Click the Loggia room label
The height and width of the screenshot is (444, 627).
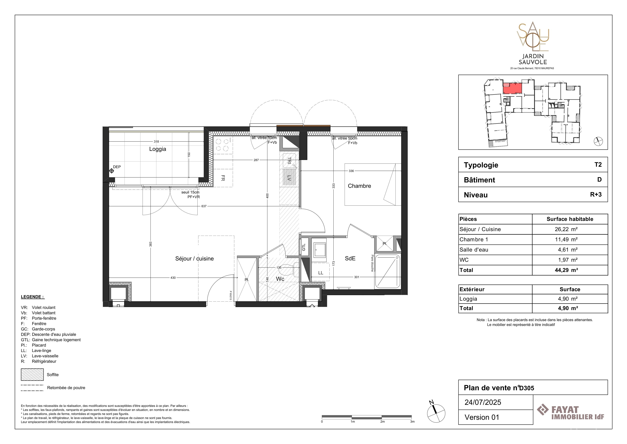[158, 149]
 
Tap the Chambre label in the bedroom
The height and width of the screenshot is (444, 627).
[359, 186]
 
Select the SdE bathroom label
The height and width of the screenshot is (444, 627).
[350, 258]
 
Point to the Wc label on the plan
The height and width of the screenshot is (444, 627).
[280, 279]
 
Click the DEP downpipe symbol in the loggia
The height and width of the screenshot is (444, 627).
[111, 171]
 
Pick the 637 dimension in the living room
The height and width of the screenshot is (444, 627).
[204, 206]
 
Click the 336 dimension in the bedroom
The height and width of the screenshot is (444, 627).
[351, 171]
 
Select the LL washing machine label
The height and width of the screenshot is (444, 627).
[321, 273]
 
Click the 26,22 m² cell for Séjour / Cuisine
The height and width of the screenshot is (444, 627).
[570, 229]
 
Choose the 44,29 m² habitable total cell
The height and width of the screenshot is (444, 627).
[570, 270]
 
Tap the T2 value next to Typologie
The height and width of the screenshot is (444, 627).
[598, 165]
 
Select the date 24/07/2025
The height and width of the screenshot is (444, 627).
[483, 402]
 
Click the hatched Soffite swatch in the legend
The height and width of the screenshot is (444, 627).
[32, 375]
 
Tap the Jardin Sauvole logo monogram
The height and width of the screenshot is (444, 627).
[533, 37]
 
